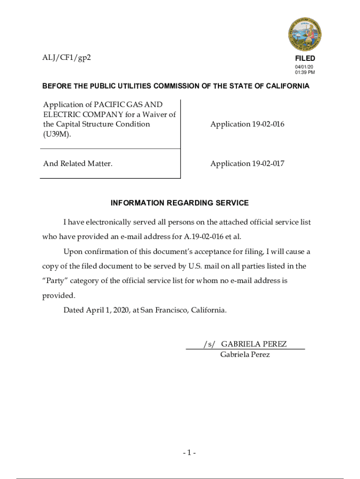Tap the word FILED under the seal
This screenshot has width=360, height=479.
[x=305, y=58]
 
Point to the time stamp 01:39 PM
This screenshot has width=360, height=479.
[x=305, y=73]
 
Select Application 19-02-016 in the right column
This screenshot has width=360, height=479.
[x=247, y=124]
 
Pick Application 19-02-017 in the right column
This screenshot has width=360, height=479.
[x=247, y=164]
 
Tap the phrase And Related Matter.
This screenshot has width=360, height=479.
[x=78, y=164]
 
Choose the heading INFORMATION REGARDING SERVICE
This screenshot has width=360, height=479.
[x=180, y=203]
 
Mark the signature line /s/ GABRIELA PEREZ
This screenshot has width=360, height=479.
[x=245, y=344]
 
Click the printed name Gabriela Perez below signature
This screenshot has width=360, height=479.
[x=245, y=355]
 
